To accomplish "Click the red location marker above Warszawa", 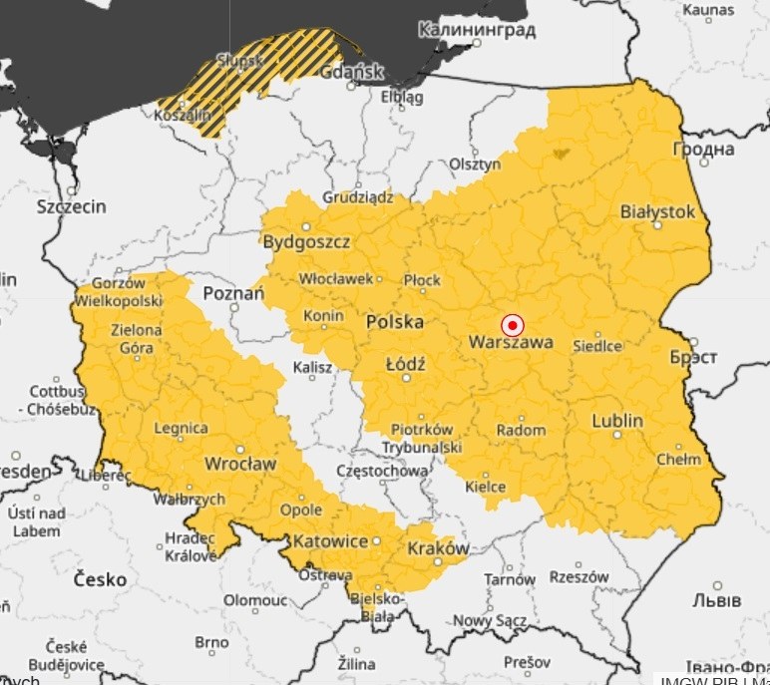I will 512,325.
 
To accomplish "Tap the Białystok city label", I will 656,211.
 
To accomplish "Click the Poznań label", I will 233,293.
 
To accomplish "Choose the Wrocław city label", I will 239,464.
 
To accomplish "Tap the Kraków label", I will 438,548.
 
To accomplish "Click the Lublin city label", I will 616,421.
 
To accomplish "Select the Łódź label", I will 405,365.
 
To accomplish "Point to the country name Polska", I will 394,322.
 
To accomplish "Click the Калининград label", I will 476,30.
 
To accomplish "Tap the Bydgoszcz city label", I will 306,241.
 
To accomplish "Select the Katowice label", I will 330,541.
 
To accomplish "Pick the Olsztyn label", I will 475,164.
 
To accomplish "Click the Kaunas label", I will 708,10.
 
